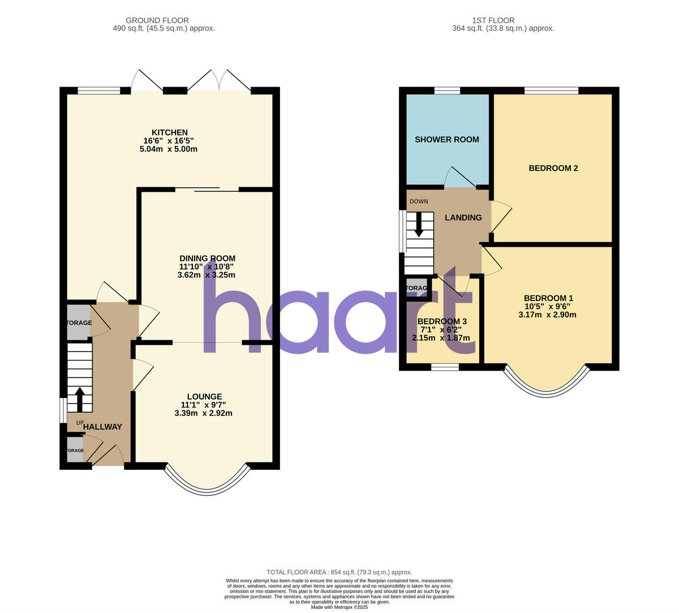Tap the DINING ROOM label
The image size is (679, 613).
point(207,258)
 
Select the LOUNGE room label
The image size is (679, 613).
point(204,396)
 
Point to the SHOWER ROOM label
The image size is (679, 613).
point(446,139)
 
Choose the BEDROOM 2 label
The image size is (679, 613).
point(553,168)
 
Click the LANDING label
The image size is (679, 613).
point(463,217)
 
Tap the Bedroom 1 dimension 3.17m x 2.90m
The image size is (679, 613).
point(547,315)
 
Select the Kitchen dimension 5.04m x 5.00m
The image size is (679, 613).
point(168,149)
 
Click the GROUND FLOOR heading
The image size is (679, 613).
point(157,20)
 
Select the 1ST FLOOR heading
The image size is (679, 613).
point(492,20)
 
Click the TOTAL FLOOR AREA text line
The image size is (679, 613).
point(339,572)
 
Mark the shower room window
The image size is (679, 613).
point(447,90)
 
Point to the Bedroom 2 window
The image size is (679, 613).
point(551,90)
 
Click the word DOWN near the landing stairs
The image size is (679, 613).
point(419,202)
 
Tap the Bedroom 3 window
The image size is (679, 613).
point(445,367)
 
